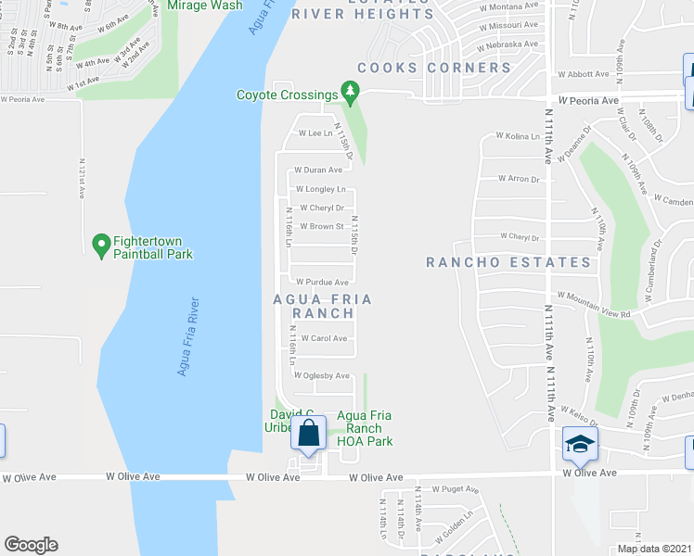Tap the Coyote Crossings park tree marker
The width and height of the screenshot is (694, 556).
350,92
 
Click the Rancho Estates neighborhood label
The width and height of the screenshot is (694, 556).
508,262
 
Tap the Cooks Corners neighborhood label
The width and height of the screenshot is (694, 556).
434,68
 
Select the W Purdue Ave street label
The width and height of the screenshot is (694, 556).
322,282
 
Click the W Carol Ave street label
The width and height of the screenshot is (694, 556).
323,338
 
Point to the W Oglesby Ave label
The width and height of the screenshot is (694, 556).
321,375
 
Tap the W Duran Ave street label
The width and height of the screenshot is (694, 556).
318,171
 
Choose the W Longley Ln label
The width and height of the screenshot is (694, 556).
320,189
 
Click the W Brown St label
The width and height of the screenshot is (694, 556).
321,226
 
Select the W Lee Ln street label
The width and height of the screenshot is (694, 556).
315,133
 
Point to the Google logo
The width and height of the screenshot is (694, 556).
31,545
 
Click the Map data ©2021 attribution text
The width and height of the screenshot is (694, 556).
654,548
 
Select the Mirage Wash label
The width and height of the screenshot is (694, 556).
204,6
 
